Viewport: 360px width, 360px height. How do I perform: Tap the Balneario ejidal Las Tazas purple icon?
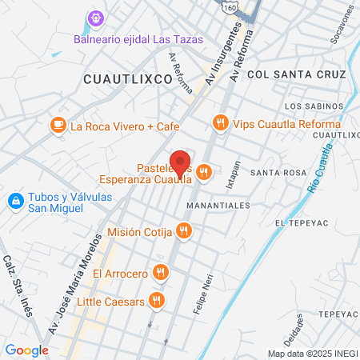[97, 17]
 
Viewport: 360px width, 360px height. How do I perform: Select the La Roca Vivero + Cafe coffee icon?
[58, 126]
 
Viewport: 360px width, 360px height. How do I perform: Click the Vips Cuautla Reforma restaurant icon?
[219, 122]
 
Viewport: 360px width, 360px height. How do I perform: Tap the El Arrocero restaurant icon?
[162, 273]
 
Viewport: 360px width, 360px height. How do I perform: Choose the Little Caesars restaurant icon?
[157, 301]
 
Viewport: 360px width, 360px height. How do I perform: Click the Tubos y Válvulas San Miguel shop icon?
[14, 200]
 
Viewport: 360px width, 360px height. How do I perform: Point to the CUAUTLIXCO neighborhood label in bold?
[127, 79]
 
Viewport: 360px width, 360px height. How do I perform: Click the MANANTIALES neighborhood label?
[218, 205]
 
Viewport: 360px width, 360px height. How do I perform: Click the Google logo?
[26, 350]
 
